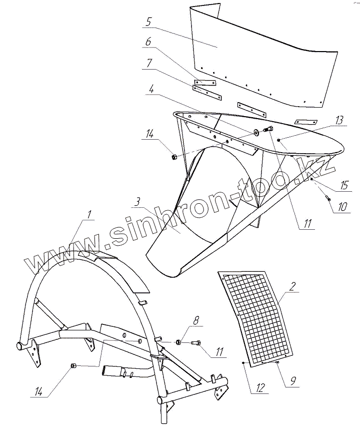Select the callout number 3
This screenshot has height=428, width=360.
pos(136,202)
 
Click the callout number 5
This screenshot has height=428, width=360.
pos(149,23)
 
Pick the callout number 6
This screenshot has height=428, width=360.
pos(148,44)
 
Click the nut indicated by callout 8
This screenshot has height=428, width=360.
pos(178,342)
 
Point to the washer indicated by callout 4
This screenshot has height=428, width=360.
pos(256,132)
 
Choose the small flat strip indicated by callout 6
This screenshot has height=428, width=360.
pos(205,82)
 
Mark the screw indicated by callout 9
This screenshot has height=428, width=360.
pos(276,362)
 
